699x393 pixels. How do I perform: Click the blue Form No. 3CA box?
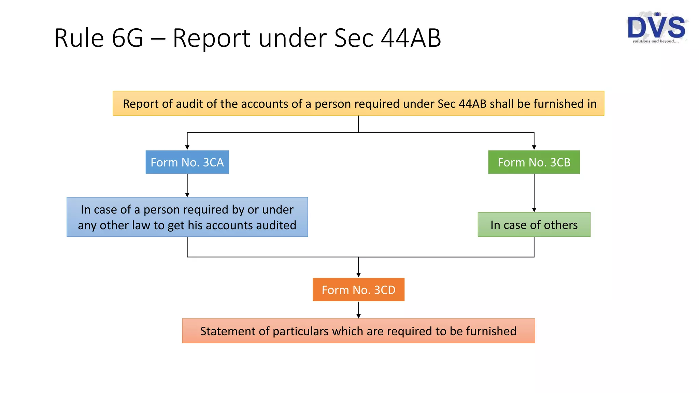187,162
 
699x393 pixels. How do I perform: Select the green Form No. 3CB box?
534,162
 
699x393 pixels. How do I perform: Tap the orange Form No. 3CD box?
358,290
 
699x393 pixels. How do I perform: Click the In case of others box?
534,224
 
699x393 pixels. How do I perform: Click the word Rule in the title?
79,38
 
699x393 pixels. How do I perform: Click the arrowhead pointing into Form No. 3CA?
187,147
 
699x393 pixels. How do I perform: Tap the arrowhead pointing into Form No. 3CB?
534,147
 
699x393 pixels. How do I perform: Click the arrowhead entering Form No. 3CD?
358,275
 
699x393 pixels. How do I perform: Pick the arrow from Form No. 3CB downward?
534,193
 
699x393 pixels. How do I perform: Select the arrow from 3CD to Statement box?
358,310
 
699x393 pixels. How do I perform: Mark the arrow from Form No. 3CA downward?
187,185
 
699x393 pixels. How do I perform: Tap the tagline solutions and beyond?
655,41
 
